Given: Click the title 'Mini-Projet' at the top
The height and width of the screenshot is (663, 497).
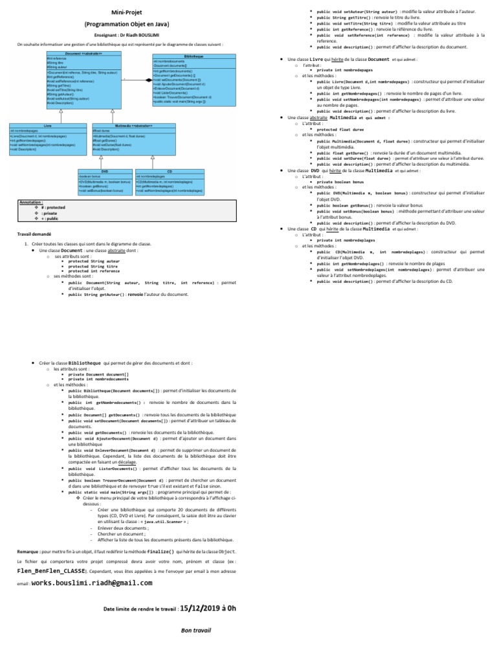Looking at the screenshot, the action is [125, 12].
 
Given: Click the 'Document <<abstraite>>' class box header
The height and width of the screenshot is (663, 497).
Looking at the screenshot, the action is [83, 54].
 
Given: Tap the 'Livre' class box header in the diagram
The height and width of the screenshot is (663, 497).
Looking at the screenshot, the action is [47, 125].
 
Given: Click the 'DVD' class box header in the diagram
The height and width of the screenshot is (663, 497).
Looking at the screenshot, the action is [104, 170].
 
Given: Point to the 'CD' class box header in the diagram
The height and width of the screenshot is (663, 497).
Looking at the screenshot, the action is [169, 170].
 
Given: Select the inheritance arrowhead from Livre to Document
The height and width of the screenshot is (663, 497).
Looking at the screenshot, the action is [60, 111].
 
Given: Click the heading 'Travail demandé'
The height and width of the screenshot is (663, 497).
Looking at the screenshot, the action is [34, 233].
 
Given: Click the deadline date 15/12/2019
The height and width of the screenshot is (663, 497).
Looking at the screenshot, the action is [199, 609].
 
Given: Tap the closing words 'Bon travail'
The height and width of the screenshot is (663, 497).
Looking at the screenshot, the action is [195, 630].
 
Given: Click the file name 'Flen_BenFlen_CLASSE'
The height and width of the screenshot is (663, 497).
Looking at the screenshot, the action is [51, 572].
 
